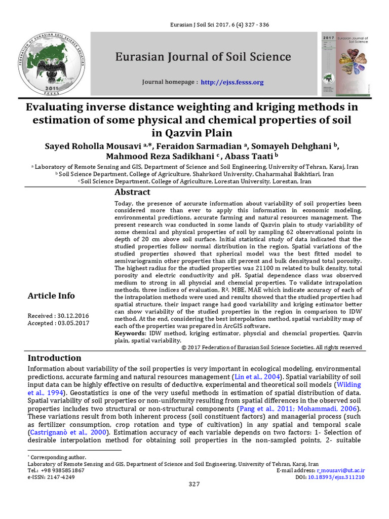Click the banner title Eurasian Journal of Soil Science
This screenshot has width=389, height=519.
tap(203, 56)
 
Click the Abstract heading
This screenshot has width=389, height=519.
tap(132, 192)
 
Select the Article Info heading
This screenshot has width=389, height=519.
tap(51, 295)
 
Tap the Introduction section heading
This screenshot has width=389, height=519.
tap(54, 358)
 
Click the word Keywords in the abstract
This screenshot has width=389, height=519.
tap(130, 334)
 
